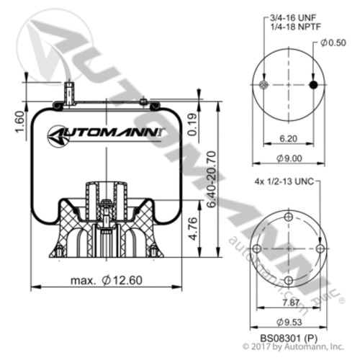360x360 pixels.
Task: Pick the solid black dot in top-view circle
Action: click(312, 85)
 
